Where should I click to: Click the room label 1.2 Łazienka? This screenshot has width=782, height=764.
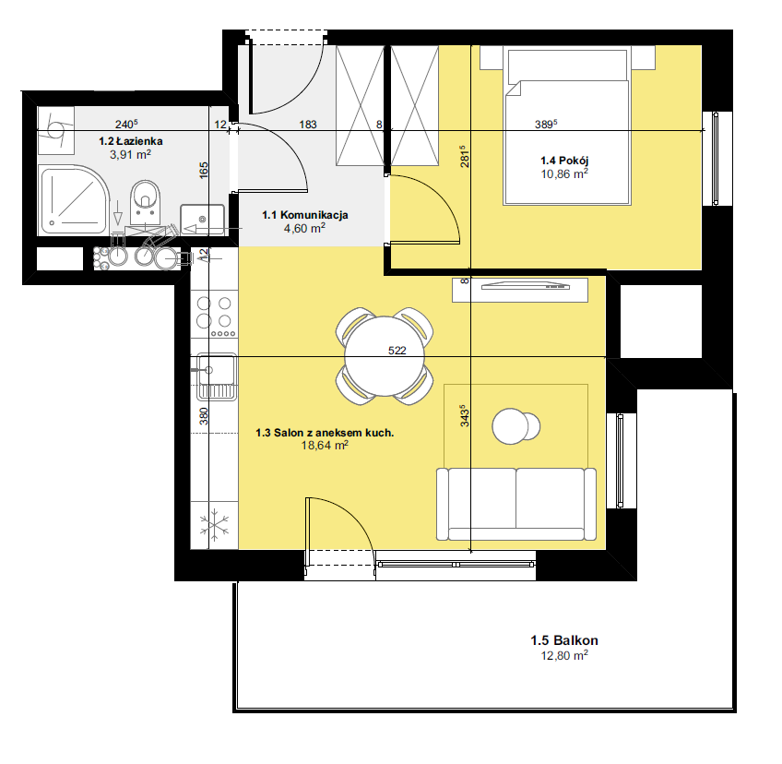point(131,141)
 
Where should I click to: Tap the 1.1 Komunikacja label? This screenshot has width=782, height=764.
point(305,215)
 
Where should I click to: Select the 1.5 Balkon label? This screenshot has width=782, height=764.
point(564,640)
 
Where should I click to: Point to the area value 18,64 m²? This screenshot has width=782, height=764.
point(325,445)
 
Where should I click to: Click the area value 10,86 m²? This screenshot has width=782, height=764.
point(564,173)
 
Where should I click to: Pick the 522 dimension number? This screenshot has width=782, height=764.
point(397,351)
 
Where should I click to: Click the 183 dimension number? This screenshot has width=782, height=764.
point(308,125)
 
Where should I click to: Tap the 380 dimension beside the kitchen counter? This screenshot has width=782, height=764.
point(204,416)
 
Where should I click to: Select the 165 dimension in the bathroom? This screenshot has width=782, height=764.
point(204,170)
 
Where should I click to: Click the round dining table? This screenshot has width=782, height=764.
point(385,356)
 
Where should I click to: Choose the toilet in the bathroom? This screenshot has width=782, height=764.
point(145,201)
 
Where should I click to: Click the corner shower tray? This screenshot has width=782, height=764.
point(74,200)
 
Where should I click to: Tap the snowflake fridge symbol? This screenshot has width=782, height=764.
point(215,525)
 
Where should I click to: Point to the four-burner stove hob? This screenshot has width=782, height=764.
point(215,316)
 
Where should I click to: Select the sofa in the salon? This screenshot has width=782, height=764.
point(516,504)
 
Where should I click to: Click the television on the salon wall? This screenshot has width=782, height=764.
point(525,286)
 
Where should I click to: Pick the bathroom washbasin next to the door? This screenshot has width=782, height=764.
point(202,219)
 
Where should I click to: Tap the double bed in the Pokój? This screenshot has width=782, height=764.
point(567,126)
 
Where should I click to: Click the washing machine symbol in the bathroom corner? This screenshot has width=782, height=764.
point(56,130)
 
